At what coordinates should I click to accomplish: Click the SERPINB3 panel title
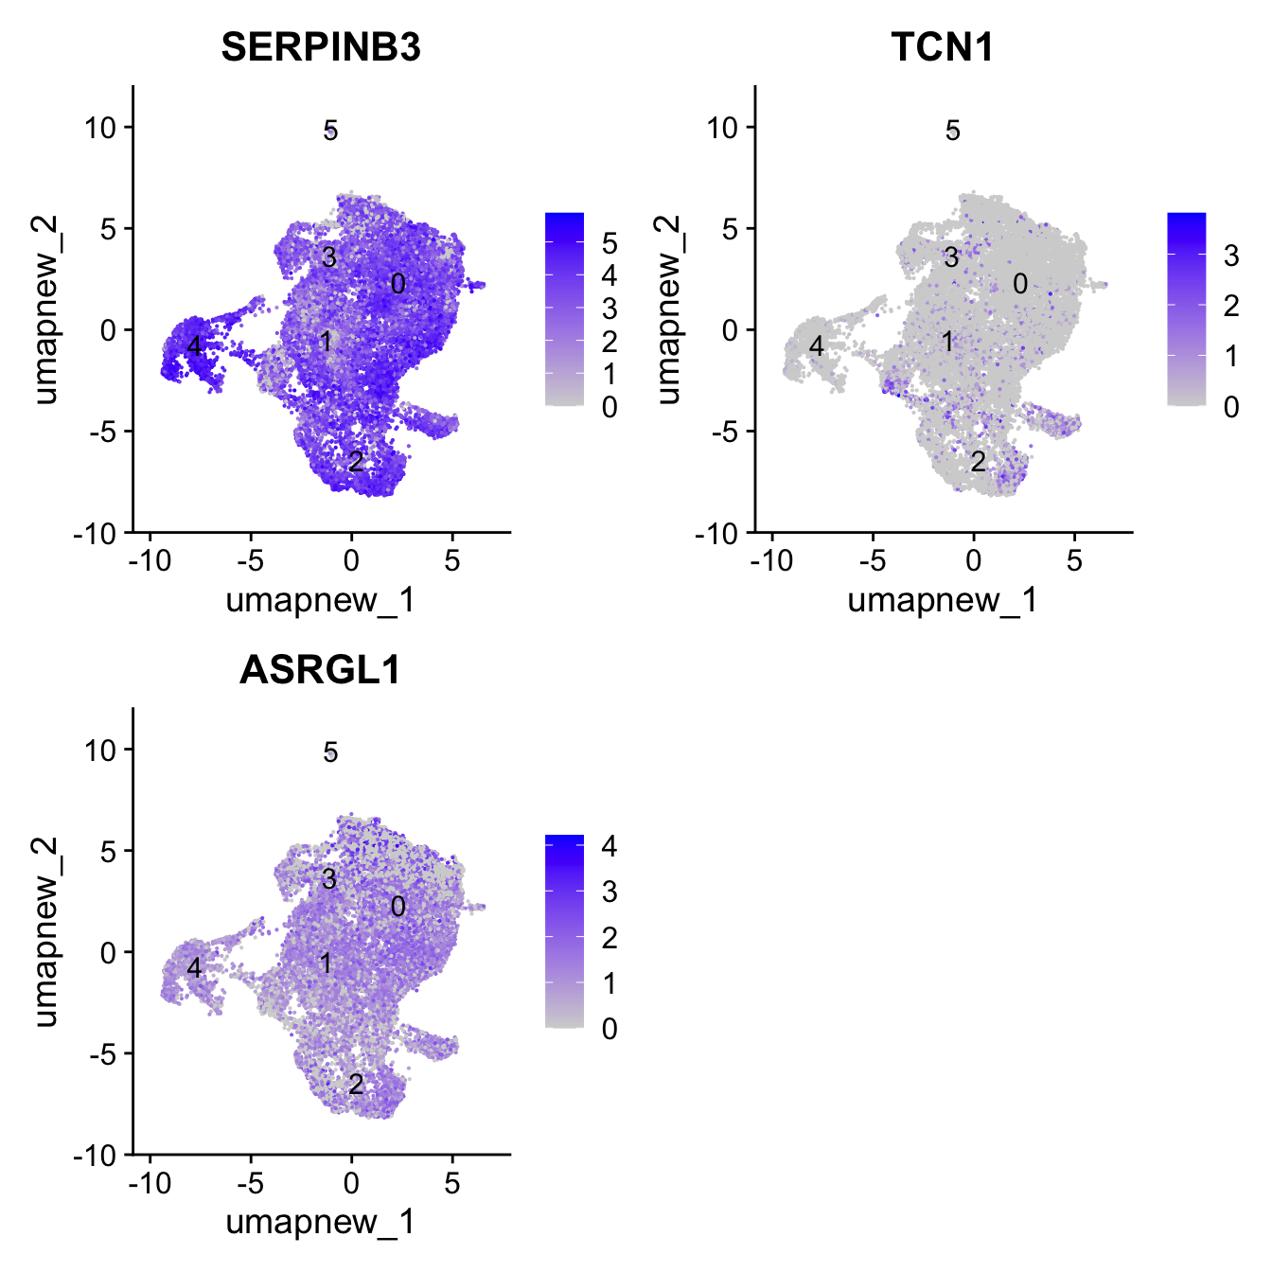pos(321,47)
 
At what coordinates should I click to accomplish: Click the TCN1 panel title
pos(943,47)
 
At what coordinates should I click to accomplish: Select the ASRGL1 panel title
pos(321,670)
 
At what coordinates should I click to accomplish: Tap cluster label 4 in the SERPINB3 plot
pos(194,346)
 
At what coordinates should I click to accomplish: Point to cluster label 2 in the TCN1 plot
pos(978,462)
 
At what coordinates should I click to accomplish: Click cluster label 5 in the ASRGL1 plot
pos(330,752)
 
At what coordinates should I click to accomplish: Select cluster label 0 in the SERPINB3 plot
pos(398,284)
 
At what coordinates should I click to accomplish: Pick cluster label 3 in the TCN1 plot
pos(951,256)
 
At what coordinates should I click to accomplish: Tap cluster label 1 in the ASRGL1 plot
pos(326,963)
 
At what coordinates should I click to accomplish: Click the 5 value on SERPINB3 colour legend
pos(609,244)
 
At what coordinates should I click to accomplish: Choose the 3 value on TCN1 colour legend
pos(1231,256)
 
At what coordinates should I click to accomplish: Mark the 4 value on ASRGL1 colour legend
pos(609,846)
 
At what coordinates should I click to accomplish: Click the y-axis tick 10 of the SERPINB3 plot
pos(99,128)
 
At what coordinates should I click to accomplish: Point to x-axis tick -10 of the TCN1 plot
pos(771,561)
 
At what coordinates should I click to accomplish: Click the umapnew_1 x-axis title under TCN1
pos(943,600)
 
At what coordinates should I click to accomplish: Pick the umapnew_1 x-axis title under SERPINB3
pos(321,600)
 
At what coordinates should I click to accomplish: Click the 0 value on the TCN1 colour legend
pos(1231,407)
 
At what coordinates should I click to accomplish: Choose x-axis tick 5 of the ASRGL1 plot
pos(452,1183)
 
